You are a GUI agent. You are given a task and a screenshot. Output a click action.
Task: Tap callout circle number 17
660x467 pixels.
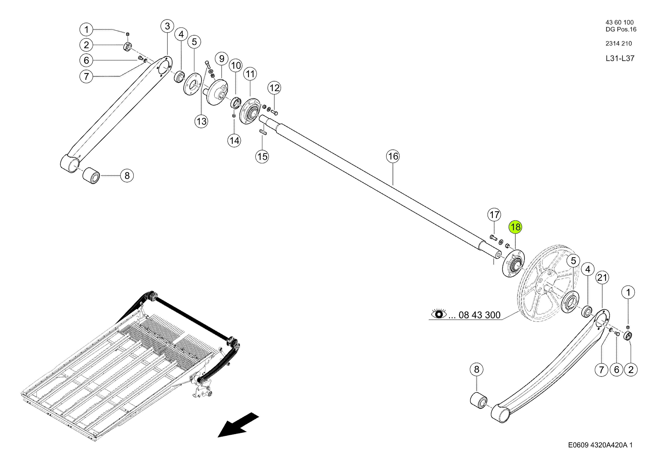pyautogui.click(x=494, y=215)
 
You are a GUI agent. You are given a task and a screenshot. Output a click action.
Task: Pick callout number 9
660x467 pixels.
pyautogui.click(x=222, y=59)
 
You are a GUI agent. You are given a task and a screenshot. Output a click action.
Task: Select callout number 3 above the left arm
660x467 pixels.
pyautogui.click(x=167, y=26)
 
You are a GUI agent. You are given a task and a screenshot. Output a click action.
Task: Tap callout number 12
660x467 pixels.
pyautogui.click(x=275, y=88)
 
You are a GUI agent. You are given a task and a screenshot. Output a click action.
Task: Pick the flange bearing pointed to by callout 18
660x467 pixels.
pyautogui.click(x=513, y=264)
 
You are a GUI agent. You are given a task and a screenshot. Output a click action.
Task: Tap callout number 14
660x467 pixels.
pyautogui.click(x=234, y=141)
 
